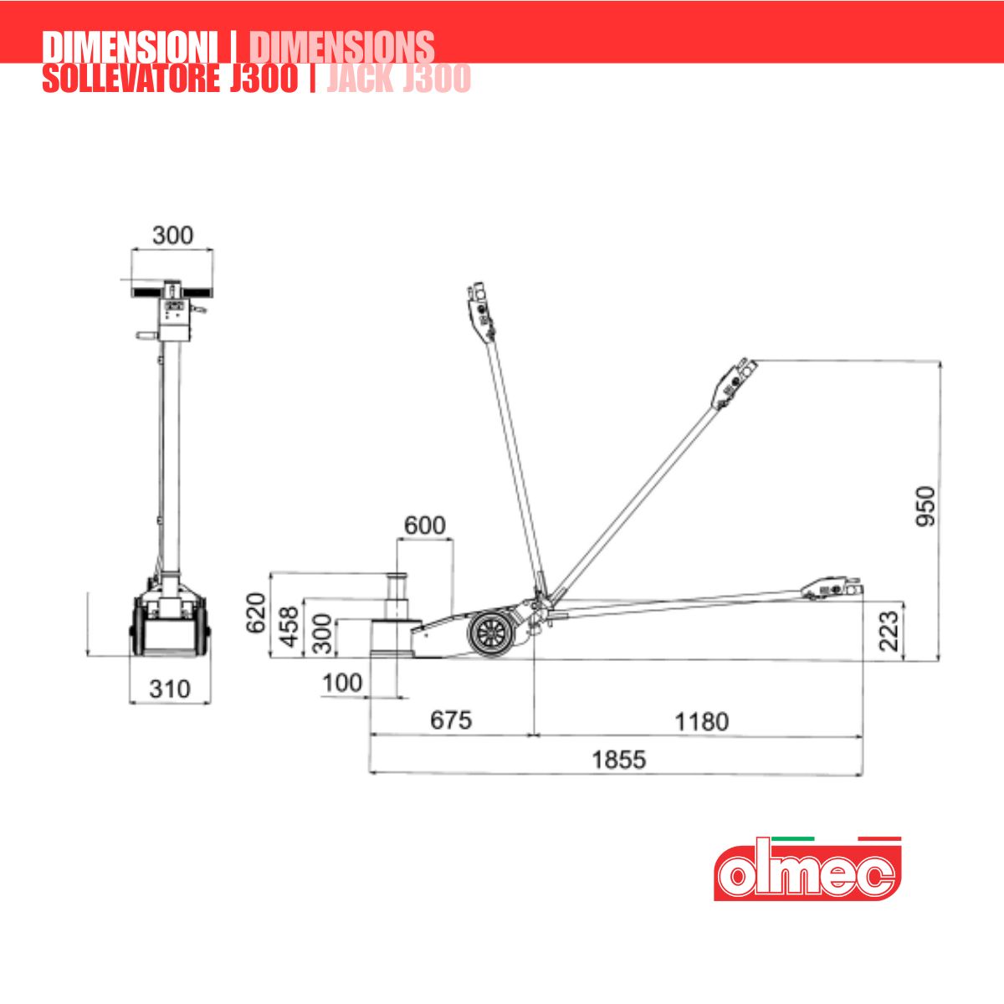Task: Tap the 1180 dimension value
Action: pyautogui.click(x=701, y=721)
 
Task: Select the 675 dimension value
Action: pyautogui.click(x=451, y=720)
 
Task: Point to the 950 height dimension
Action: pyautogui.click(x=926, y=506)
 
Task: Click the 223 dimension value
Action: pyautogui.click(x=889, y=631)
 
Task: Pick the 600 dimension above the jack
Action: pyautogui.click(x=425, y=525)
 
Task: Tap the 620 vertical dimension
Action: pyautogui.click(x=256, y=613)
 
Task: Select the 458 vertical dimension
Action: pyautogui.click(x=289, y=627)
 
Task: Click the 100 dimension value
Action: pyautogui.click(x=342, y=683)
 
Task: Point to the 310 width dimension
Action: pyautogui.click(x=170, y=689)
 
